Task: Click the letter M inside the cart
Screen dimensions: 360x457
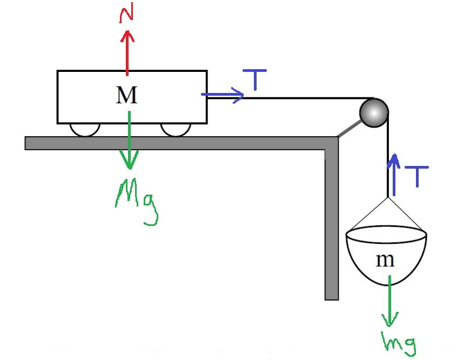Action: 127,96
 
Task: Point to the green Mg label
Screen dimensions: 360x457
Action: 137,199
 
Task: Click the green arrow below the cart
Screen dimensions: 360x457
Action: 130,141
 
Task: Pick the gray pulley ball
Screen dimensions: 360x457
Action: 374,112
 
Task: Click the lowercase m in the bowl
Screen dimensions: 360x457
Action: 385,261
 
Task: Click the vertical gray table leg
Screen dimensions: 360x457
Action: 331,227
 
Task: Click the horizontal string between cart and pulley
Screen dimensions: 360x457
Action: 303,98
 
